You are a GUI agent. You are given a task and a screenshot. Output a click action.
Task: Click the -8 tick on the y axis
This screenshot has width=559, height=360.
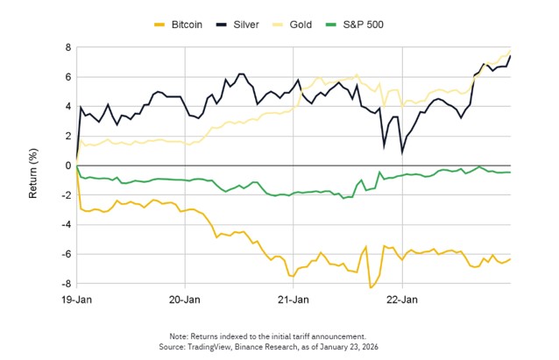click(64, 284)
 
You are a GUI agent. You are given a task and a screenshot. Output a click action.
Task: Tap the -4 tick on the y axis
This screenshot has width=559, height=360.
click(64, 225)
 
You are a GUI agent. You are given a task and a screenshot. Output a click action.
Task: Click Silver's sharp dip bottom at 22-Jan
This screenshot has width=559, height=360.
click(402, 152)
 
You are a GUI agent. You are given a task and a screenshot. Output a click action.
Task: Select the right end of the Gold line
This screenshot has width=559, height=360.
click(510, 50)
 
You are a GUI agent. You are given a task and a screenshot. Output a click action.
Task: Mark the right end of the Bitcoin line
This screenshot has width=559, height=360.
click(510, 258)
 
